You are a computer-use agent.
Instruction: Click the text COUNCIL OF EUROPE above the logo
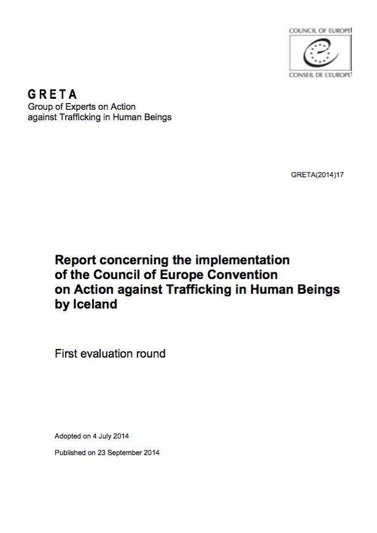[320, 30]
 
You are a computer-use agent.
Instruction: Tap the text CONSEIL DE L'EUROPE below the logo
[320, 75]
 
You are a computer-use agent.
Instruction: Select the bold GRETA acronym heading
[53, 94]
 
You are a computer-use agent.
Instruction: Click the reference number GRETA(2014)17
[317, 175]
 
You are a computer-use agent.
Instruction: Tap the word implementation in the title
[244, 259]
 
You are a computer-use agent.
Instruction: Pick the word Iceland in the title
[95, 304]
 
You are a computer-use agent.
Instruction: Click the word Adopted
[68, 436]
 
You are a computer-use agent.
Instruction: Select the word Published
[71, 453]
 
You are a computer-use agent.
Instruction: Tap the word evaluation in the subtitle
[109, 353]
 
